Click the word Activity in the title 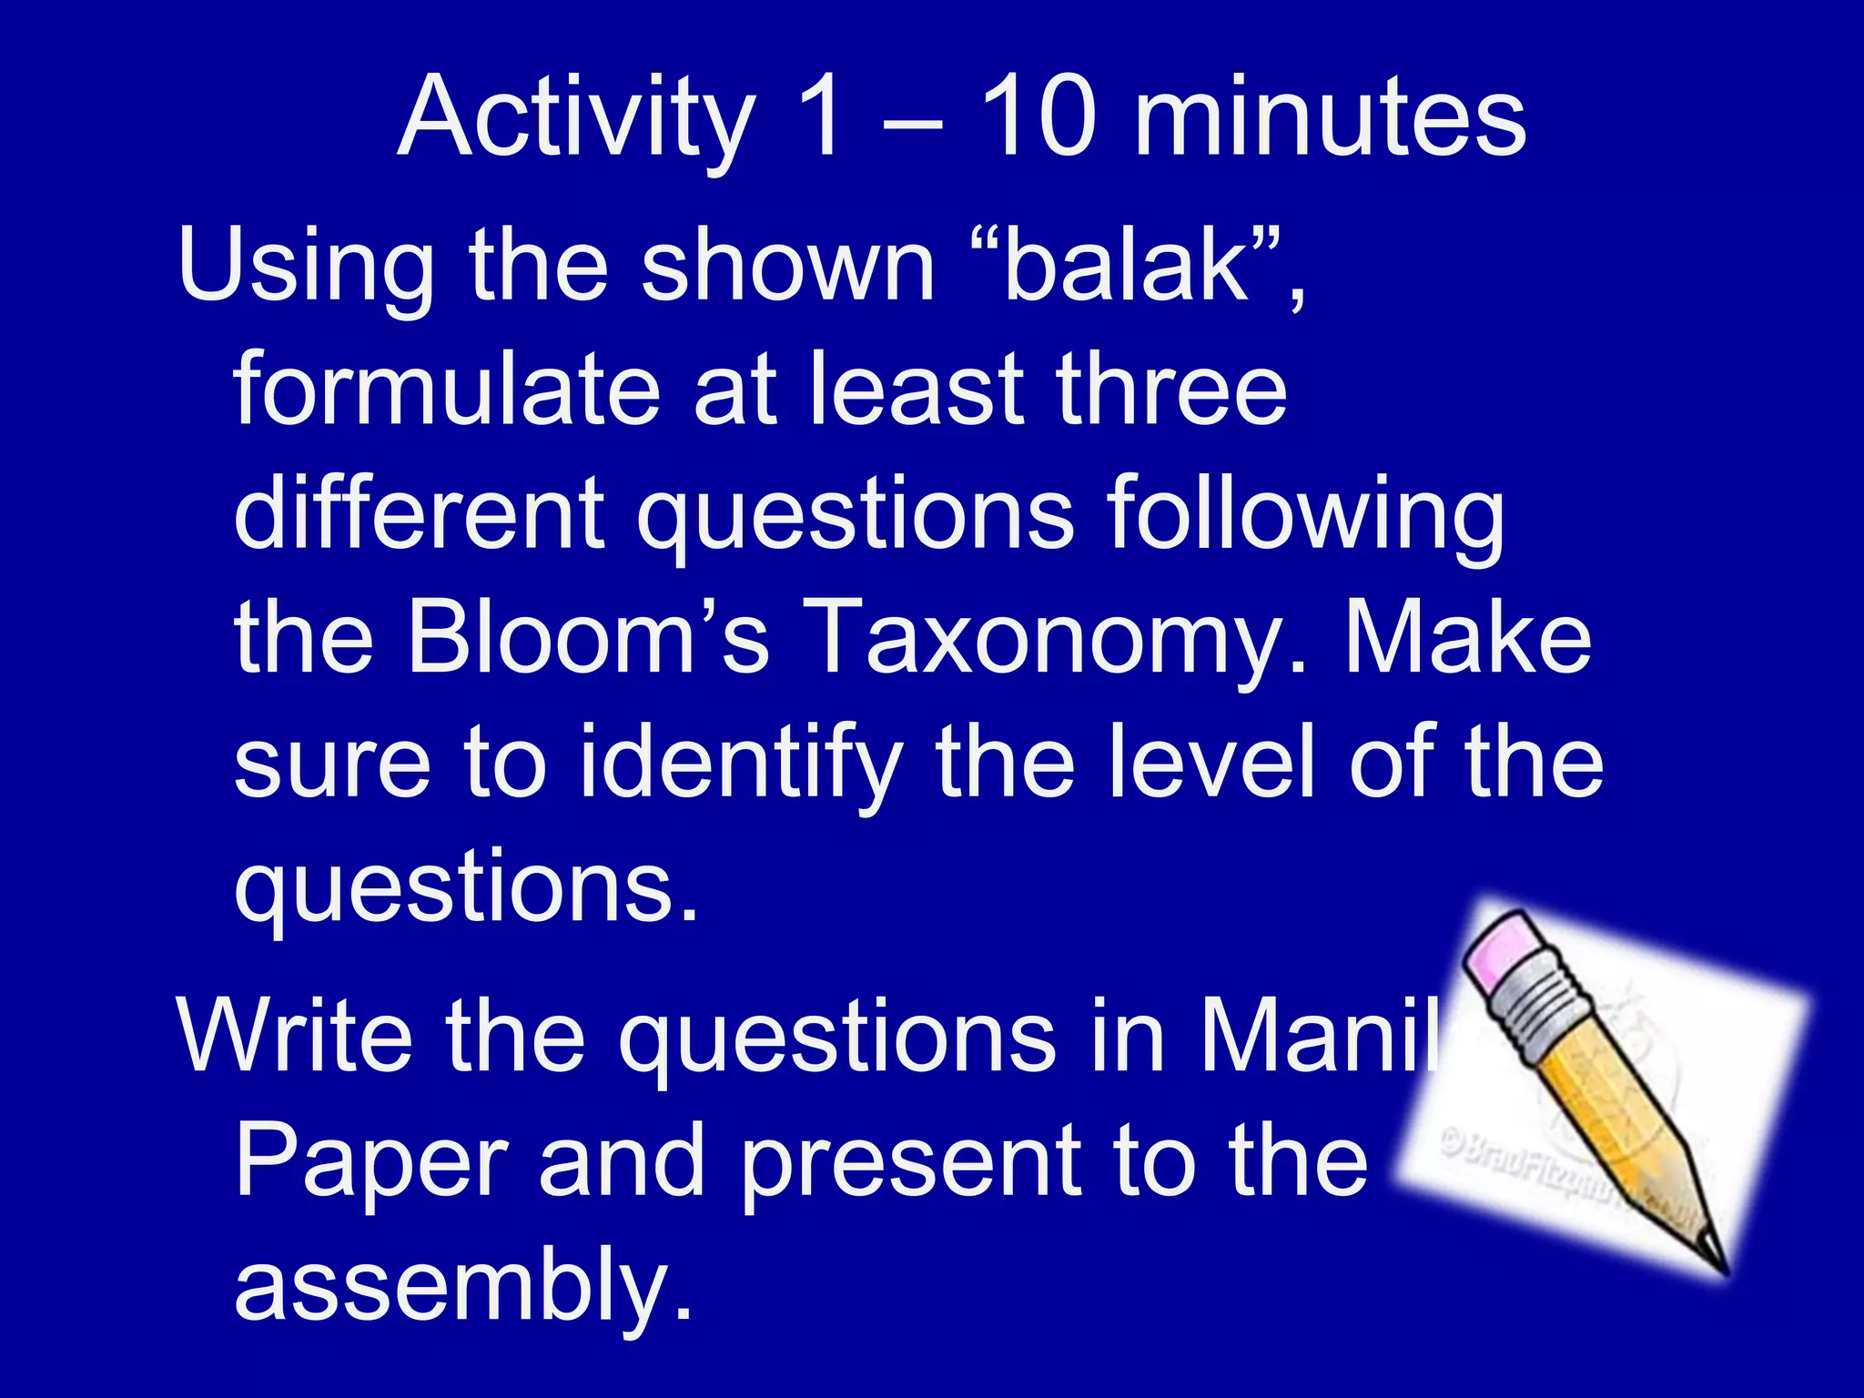click(576, 118)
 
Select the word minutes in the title click(1330, 118)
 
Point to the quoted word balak click(1127, 264)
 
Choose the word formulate click(446, 389)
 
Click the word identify click(740, 763)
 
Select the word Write click(296, 1036)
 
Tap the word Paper click(370, 1160)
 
